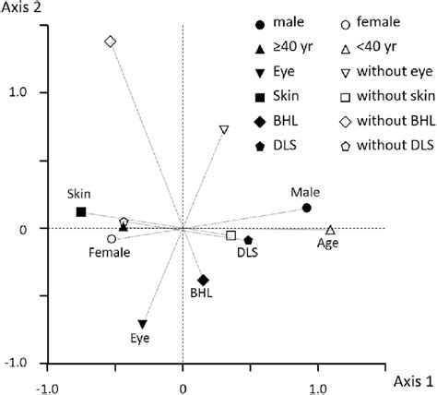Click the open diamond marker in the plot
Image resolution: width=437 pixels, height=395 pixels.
pyautogui.click(x=111, y=42)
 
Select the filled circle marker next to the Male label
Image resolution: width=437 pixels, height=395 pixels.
pyautogui.click(x=307, y=208)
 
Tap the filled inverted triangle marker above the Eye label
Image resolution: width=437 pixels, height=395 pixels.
pyautogui.click(x=142, y=324)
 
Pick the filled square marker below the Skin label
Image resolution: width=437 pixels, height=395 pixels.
pyautogui.click(x=81, y=211)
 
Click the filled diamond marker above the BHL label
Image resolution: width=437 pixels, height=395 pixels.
pyautogui.click(x=203, y=280)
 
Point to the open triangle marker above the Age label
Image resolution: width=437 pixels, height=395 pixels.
pyautogui.click(x=330, y=229)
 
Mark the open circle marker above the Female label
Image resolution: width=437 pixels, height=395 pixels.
pyautogui.click(x=112, y=238)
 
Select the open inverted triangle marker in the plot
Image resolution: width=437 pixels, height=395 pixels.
pyautogui.click(x=224, y=130)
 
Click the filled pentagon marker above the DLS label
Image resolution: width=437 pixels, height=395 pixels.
pyautogui.click(x=248, y=240)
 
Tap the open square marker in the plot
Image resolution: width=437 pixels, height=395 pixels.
pyautogui.click(x=230, y=235)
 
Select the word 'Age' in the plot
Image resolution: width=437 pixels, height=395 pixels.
pyautogui.click(x=328, y=244)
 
